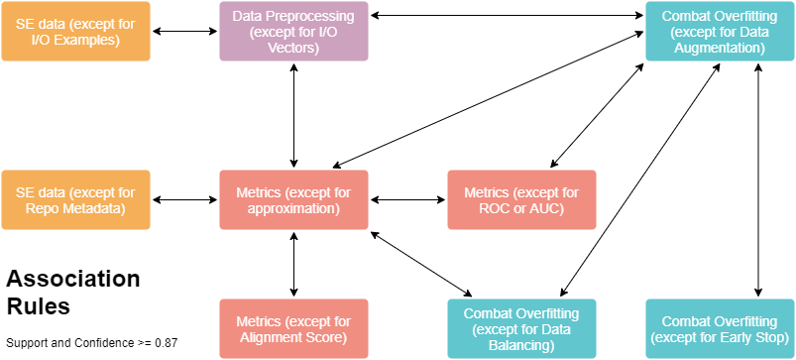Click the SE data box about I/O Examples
coord(75,32)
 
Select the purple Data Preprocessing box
coord(293,32)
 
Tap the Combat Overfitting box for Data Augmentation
coord(720,32)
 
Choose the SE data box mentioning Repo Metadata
coord(75,200)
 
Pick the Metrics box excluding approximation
coord(293,200)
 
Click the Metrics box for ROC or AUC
coord(521,200)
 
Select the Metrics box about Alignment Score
coord(293,329)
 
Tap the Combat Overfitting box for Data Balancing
coord(521,329)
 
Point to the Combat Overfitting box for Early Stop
coord(720,329)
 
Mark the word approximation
coord(293,208)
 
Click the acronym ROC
coord(497,208)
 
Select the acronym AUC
coord(547,208)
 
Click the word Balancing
coord(521,345)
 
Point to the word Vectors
coord(293,47)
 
